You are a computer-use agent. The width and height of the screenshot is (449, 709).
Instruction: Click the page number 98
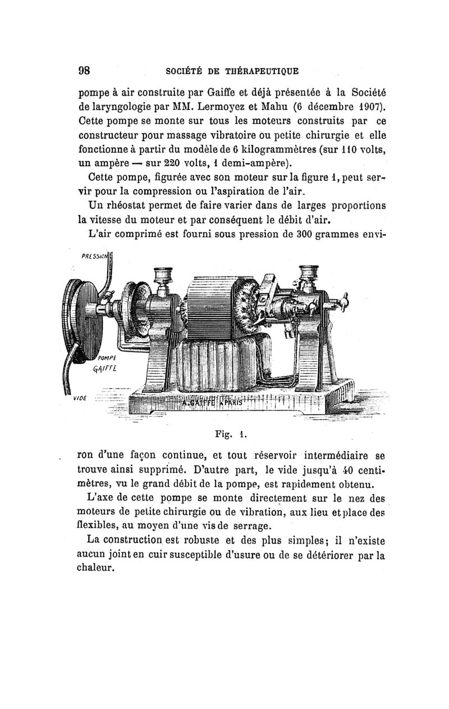coord(85,71)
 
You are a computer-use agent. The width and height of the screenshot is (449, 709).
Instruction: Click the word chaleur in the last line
coord(96,568)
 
